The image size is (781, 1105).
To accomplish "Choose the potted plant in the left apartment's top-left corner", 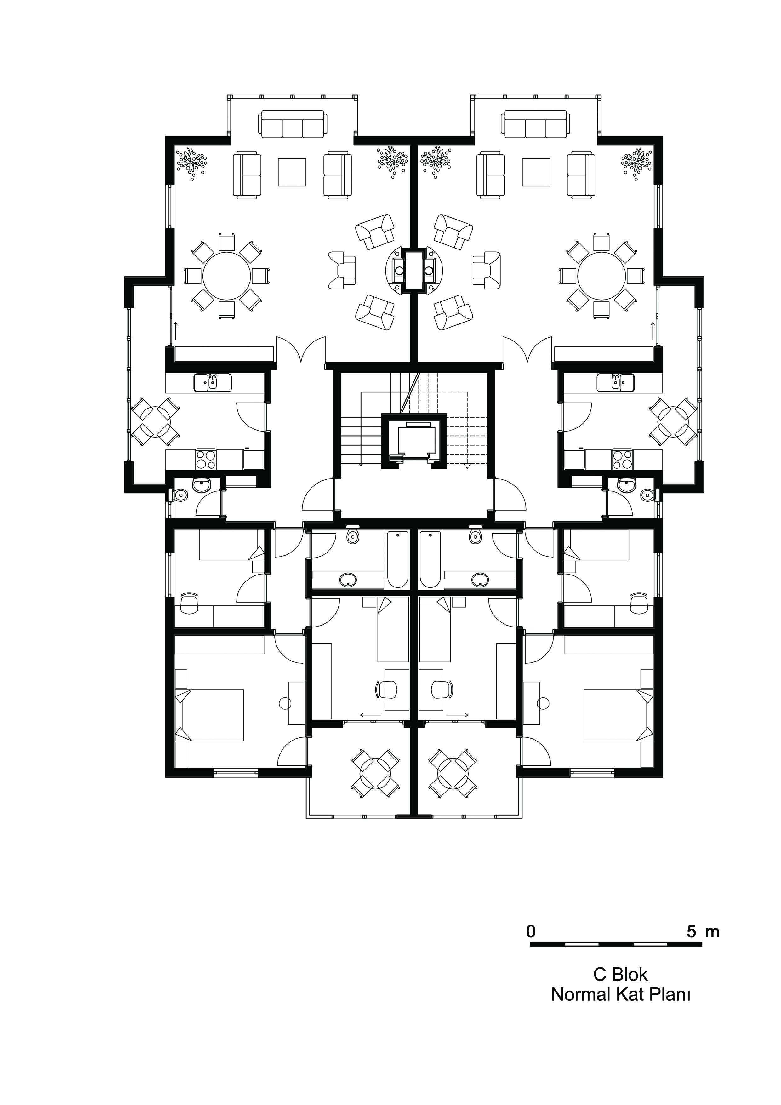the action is pyautogui.click(x=191, y=162).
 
